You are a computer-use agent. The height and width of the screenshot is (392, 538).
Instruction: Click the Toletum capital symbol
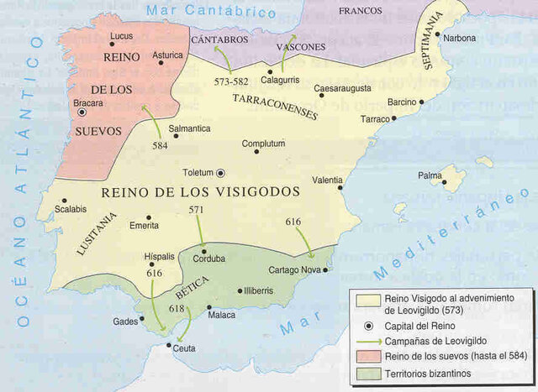(221, 173)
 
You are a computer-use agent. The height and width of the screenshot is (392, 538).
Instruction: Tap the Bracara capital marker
(82, 112)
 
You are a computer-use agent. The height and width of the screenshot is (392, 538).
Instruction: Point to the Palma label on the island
(431, 175)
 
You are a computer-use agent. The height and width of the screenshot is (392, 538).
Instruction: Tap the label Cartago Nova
(293, 270)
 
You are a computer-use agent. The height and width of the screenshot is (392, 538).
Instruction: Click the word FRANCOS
(360, 10)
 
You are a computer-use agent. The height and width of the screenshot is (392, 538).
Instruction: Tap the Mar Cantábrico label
(210, 12)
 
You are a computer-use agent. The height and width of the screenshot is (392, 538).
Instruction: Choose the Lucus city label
(122, 36)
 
